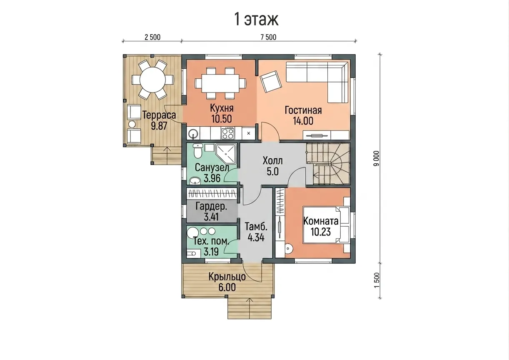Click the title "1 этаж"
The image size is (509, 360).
pos(256,20)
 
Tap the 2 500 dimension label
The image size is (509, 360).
pos(152,37)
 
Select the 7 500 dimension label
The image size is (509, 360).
pos(268,37)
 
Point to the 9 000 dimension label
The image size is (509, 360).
pos(377,158)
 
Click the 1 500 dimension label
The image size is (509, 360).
pos(377,280)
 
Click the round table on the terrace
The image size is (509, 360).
pos(152,80)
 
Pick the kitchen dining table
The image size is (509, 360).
pos(220,83)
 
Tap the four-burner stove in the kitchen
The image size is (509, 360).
pos(227,133)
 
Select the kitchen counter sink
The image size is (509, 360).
pos(193,133)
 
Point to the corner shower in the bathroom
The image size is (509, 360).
pos(226,154)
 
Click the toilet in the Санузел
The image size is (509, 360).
pos(197,151)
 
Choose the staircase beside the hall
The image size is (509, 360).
pos(327,164)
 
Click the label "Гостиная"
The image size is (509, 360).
pos(303,110)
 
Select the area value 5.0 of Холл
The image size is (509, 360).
pos(273,172)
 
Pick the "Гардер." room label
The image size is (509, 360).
pos(211,207)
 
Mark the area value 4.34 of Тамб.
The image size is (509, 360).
pos(256,238)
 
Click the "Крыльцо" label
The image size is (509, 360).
pos(227,277)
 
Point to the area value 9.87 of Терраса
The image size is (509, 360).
pos(159,126)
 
